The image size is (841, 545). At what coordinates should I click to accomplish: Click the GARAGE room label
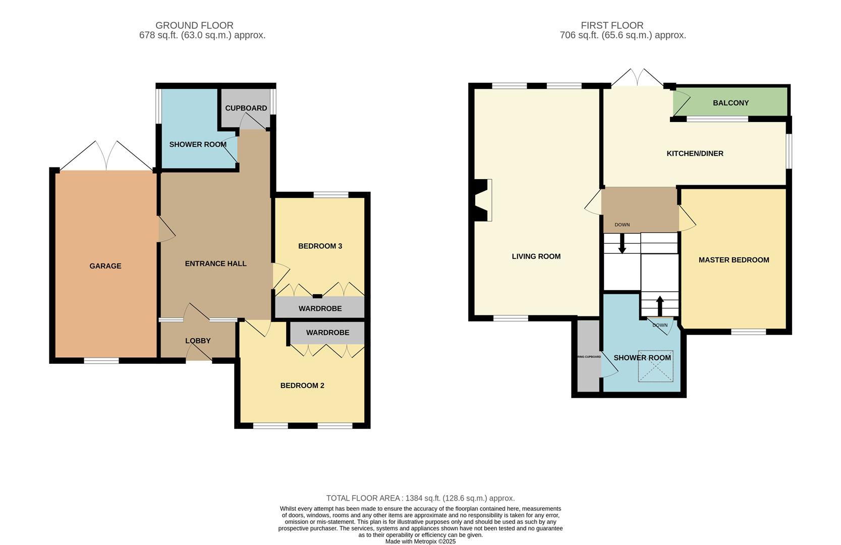105,266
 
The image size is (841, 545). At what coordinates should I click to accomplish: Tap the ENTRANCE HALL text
215,263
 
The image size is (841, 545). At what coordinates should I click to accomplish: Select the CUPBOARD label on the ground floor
246,108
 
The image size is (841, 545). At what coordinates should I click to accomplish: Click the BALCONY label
731,103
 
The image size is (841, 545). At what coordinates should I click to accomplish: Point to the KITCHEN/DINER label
695,153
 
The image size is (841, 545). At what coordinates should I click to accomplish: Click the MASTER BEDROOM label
734,260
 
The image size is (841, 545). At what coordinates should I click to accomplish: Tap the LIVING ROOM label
536,256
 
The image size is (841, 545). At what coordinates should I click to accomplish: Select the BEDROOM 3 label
320,246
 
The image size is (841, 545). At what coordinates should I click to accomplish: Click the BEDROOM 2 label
302,386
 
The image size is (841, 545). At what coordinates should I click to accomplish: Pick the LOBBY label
198,341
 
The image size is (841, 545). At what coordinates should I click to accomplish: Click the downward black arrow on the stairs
622,246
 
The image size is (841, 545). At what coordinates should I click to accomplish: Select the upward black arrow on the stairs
659,304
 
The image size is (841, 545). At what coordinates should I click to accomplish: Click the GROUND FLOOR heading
194,25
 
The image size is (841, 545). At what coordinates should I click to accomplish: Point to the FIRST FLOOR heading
612,25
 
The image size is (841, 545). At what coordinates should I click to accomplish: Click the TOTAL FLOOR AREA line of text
420,498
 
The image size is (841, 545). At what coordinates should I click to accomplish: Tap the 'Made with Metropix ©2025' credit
420,541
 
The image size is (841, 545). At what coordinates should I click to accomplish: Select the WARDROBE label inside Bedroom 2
327,333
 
